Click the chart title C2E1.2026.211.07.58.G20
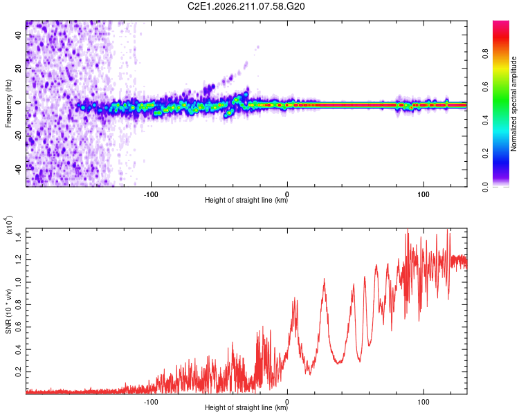(246, 6)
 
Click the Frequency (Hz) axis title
(8, 104)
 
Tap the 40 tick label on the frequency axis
(18, 35)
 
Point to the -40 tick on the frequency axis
(18, 169)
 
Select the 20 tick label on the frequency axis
(18, 68)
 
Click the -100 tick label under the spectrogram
(151, 194)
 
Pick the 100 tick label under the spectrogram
(424, 194)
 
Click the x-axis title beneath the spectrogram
(246, 200)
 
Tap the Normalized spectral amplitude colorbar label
(513, 104)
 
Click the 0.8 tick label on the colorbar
(485, 54)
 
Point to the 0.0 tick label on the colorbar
(485, 187)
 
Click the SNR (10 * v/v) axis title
(8, 311)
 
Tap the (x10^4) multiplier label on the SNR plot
(9, 225)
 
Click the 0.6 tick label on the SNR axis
(18, 327)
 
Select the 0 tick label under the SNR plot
(287, 402)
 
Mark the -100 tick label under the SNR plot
(151, 402)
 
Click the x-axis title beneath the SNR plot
(246, 407)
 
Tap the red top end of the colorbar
(501, 23)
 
